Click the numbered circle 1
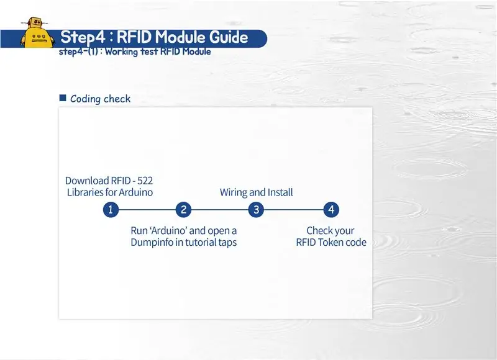tap(111, 210)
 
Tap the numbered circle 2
tap(183, 210)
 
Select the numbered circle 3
tap(256, 210)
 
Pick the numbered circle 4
tap(331, 210)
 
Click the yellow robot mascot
tap(36, 33)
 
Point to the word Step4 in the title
tap(83, 37)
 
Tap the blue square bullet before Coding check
tap(63, 98)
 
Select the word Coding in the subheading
tap(85, 99)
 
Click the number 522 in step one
tap(145, 181)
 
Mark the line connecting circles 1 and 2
tap(147, 210)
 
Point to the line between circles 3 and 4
tap(294, 210)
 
